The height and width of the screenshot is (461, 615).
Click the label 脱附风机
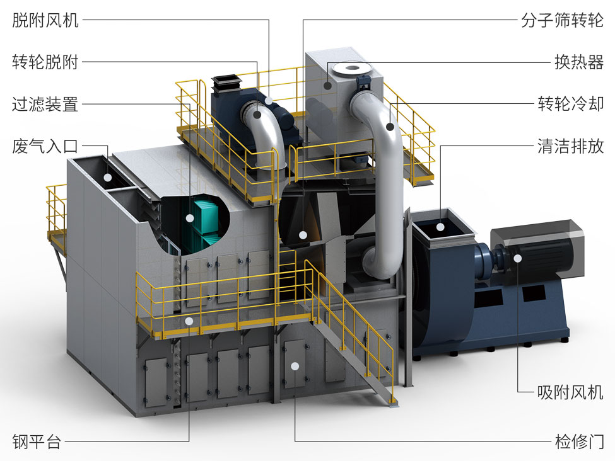tap(45, 20)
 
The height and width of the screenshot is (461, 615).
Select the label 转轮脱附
tap(45, 62)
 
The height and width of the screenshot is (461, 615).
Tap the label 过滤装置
tap(45, 104)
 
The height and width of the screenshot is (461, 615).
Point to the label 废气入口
tap(45, 146)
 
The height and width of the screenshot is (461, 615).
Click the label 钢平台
tap(37, 441)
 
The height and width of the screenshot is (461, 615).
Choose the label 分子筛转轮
tap(562, 20)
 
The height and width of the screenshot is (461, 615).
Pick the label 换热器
tap(578, 62)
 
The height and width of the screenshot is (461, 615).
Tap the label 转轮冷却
tap(570, 104)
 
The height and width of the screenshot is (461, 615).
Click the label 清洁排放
tap(570, 146)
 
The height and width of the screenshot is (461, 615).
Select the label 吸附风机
tap(570, 392)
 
